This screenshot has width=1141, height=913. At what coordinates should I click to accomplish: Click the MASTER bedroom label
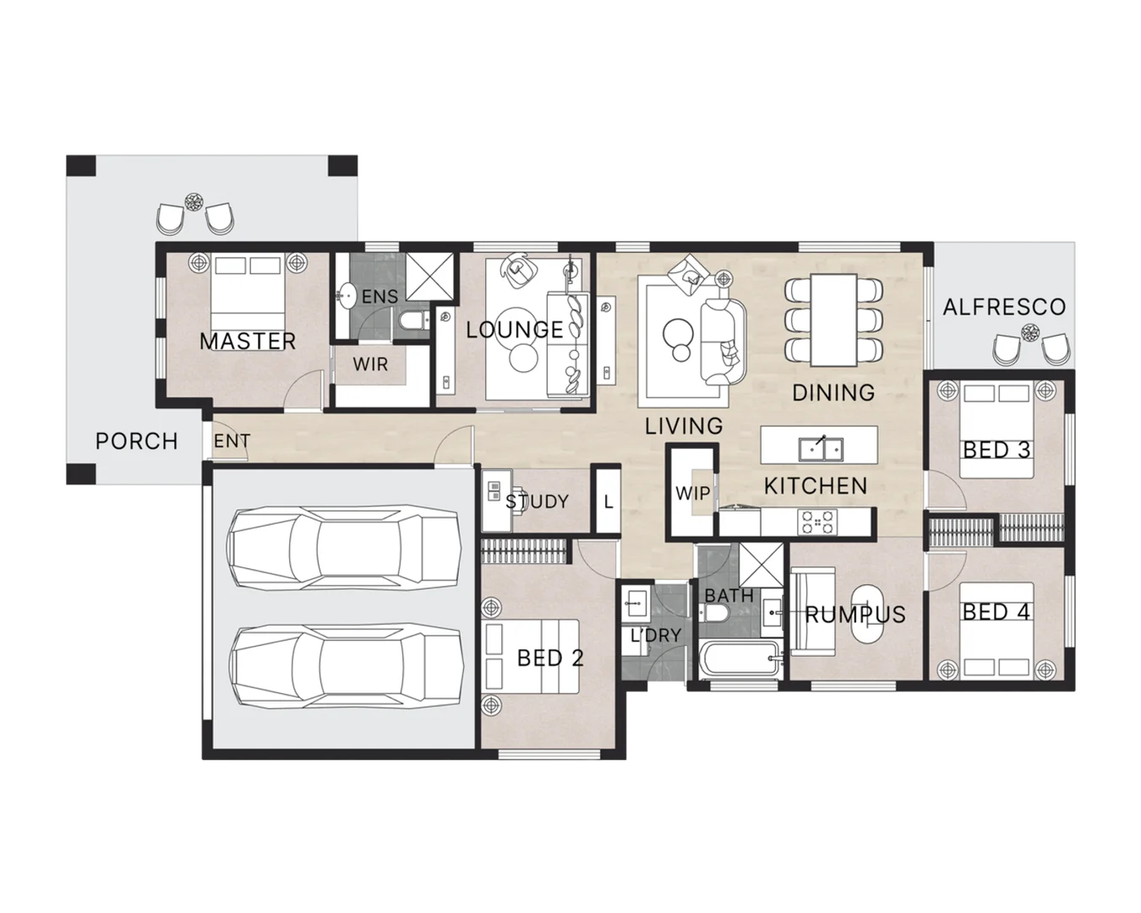(x=248, y=342)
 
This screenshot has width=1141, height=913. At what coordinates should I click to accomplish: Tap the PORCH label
(x=136, y=441)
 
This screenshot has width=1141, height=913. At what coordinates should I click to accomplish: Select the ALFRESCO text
(x=1004, y=307)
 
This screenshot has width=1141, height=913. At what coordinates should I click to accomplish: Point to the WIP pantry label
(x=692, y=493)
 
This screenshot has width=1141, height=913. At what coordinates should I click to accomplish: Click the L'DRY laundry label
(x=655, y=635)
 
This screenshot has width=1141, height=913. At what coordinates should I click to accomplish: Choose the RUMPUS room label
(x=854, y=615)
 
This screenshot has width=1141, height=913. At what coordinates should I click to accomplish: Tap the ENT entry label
(x=231, y=441)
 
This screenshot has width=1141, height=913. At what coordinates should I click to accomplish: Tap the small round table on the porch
(x=195, y=202)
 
